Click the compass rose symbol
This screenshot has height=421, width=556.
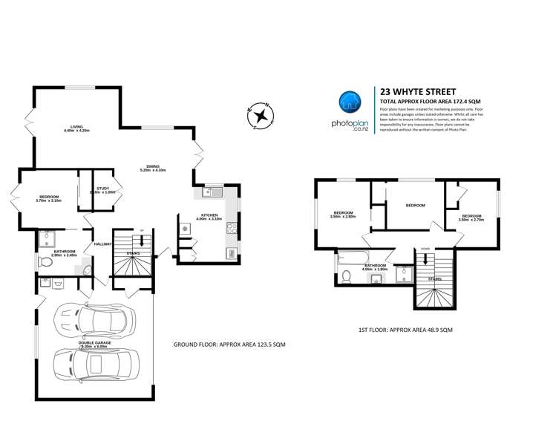point(261,115)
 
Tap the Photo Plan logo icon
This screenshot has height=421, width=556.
point(350,103)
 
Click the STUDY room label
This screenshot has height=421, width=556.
point(102,189)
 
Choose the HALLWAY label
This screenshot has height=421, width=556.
point(102,244)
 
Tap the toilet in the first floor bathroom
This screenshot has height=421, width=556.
point(346,276)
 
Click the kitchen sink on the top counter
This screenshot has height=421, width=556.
point(209,193)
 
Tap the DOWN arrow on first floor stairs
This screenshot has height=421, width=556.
point(425,258)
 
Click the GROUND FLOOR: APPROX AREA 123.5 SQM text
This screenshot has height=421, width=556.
point(229,344)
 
